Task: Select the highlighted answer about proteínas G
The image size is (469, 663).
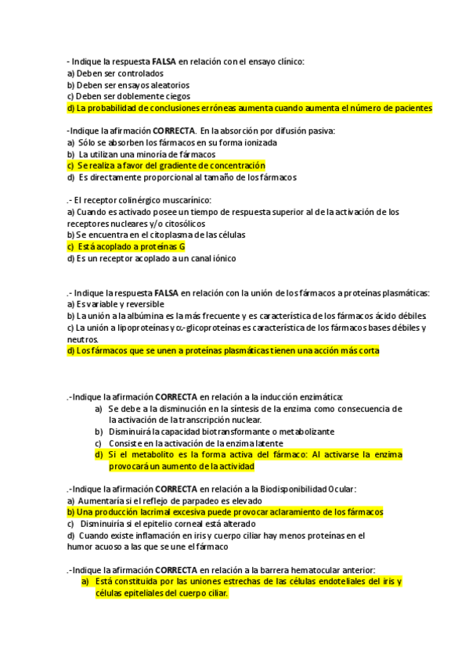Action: coord(126,246)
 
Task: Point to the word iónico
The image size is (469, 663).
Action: coord(221,258)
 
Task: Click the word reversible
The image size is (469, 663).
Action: coord(141,304)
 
